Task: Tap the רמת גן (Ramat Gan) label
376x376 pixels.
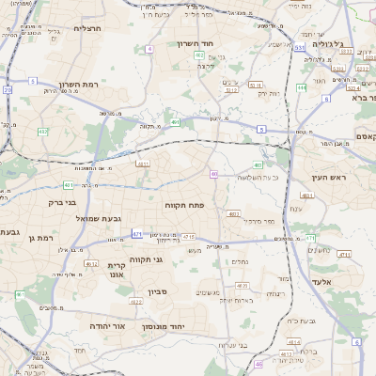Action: pos(44,239)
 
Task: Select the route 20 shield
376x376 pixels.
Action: pos(7,90)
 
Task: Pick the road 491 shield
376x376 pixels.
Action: pos(175,122)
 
